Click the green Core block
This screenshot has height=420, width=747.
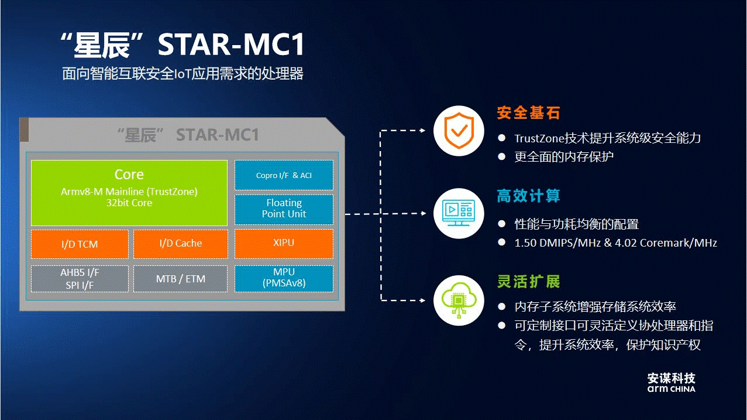point(129,192)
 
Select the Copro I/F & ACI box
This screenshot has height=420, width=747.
point(284,175)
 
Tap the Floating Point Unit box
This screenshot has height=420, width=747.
point(284,209)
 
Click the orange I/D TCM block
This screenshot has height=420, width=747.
point(80,244)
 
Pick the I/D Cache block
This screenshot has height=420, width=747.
point(180,244)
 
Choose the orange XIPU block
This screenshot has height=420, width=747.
point(284,243)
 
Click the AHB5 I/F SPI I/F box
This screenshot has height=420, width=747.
point(80,279)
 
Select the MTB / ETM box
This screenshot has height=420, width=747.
point(180,279)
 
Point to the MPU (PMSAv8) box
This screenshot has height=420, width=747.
point(284,278)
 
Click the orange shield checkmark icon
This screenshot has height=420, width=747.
point(458,131)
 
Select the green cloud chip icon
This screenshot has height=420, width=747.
point(458,299)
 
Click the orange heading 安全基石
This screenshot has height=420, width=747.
point(528,112)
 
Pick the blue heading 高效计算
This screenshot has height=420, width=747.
point(528,196)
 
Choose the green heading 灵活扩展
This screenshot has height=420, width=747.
point(528,282)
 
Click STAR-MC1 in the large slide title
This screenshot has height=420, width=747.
point(232,46)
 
